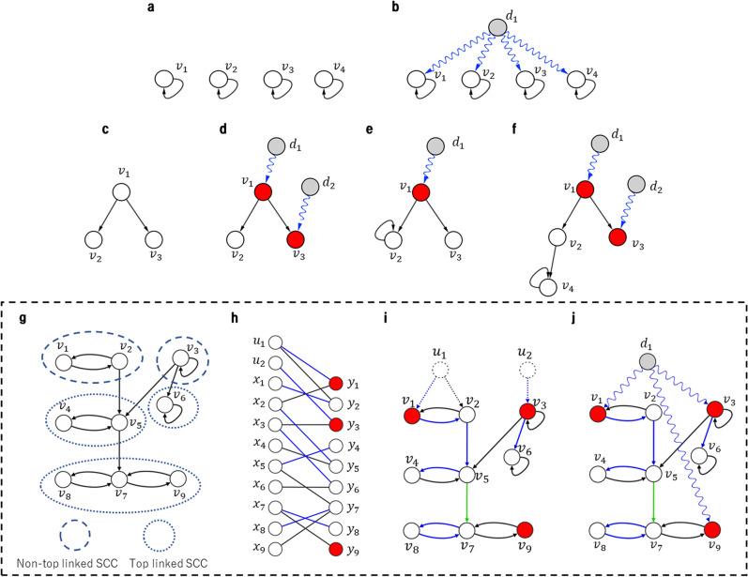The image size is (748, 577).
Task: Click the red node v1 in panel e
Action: click(x=420, y=192)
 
